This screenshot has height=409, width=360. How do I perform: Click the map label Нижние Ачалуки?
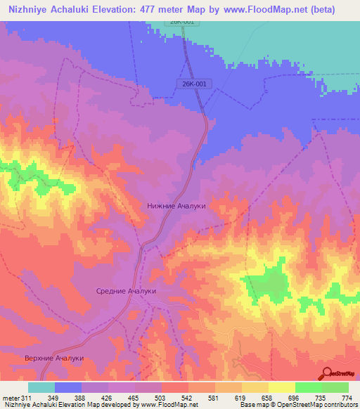[176, 206]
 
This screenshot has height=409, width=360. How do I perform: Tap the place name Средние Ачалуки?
[126, 290]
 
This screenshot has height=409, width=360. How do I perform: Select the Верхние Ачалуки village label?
[55, 358]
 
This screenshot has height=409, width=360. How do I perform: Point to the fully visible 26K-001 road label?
[191, 84]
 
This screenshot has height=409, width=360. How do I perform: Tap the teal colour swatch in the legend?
[41, 387]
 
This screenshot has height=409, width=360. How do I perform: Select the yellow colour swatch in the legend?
[282, 387]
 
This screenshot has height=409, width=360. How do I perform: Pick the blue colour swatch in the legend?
[68, 387]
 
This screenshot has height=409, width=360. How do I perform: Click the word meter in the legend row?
[9, 397]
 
